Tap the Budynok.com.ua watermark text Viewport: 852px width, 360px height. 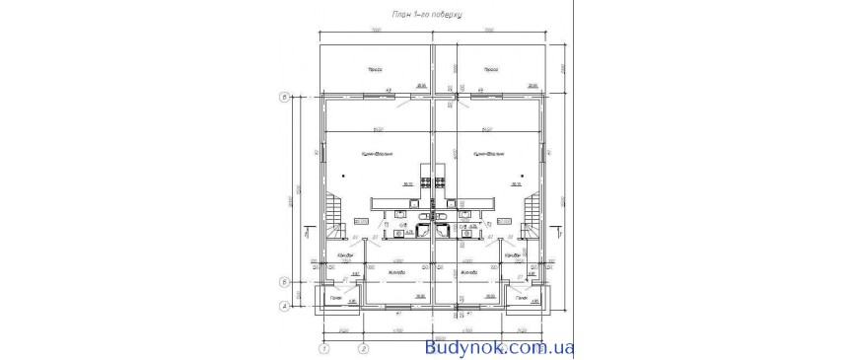(x=499, y=347)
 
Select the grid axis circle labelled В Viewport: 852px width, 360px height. (x=284, y=98)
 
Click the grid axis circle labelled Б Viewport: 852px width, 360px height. (x=284, y=281)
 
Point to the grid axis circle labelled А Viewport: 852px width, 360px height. (x=284, y=306)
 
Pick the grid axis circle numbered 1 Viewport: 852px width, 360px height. (x=322, y=347)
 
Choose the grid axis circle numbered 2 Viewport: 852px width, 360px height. (x=363, y=347)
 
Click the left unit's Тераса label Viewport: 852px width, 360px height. (x=375, y=70)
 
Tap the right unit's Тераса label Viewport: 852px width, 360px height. (x=489, y=70)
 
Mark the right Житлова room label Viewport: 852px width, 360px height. (x=468, y=271)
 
